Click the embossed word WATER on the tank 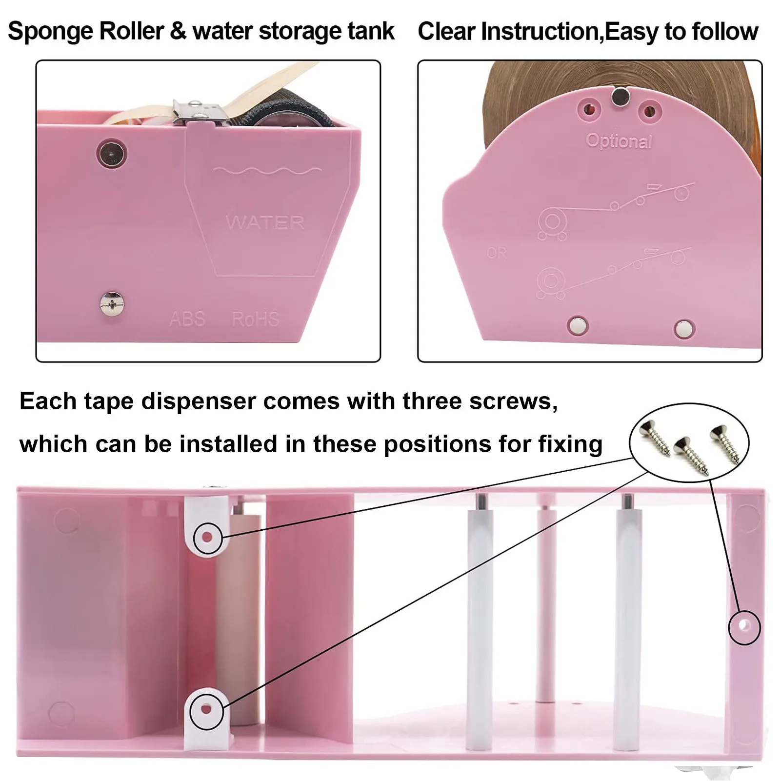tap(265, 223)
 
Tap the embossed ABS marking tap(187, 319)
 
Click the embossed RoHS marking tap(255, 319)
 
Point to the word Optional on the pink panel tap(619, 141)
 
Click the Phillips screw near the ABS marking tap(112, 304)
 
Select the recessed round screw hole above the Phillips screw tap(112, 153)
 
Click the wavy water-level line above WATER tap(267, 171)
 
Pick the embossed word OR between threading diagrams tap(496, 253)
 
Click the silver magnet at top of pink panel tap(621, 97)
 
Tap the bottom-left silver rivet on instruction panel tap(578, 325)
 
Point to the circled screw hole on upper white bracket tap(207, 538)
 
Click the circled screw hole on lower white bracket tap(206, 709)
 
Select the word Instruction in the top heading tap(539, 32)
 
